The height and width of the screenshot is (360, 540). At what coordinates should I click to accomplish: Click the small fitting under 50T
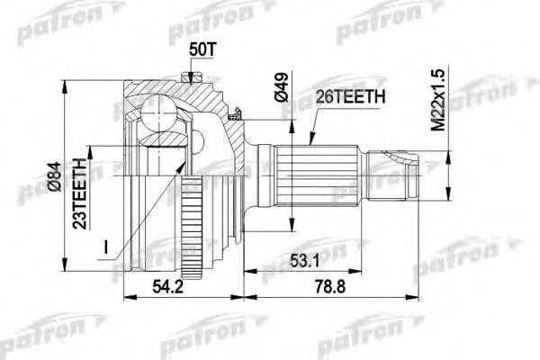(191, 77)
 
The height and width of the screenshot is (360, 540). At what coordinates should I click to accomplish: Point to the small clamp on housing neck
(236, 114)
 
